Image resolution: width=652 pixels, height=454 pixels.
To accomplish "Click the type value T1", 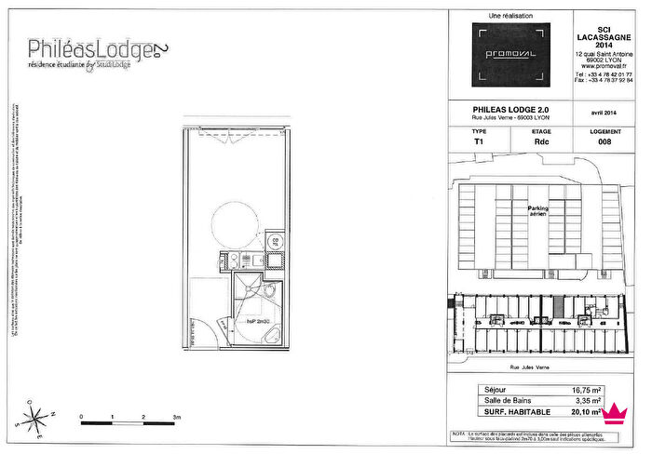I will tap(479, 142).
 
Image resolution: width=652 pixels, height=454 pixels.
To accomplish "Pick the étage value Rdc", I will tap(541, 142).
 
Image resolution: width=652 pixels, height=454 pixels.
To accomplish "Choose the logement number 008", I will tap(604, 142).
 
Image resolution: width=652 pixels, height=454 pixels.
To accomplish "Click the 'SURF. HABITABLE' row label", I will tap(518, 411).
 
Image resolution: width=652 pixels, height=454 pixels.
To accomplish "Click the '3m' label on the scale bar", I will tap(176, 417).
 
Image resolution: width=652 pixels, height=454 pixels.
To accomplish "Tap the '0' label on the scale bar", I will tap(82, 417).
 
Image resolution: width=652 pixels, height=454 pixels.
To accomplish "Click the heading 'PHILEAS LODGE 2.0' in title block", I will tap(510, 109).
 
